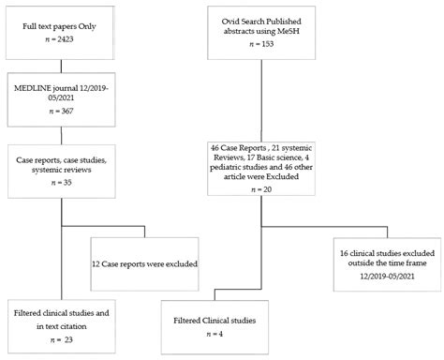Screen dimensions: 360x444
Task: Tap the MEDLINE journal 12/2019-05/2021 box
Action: click(62, 98)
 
